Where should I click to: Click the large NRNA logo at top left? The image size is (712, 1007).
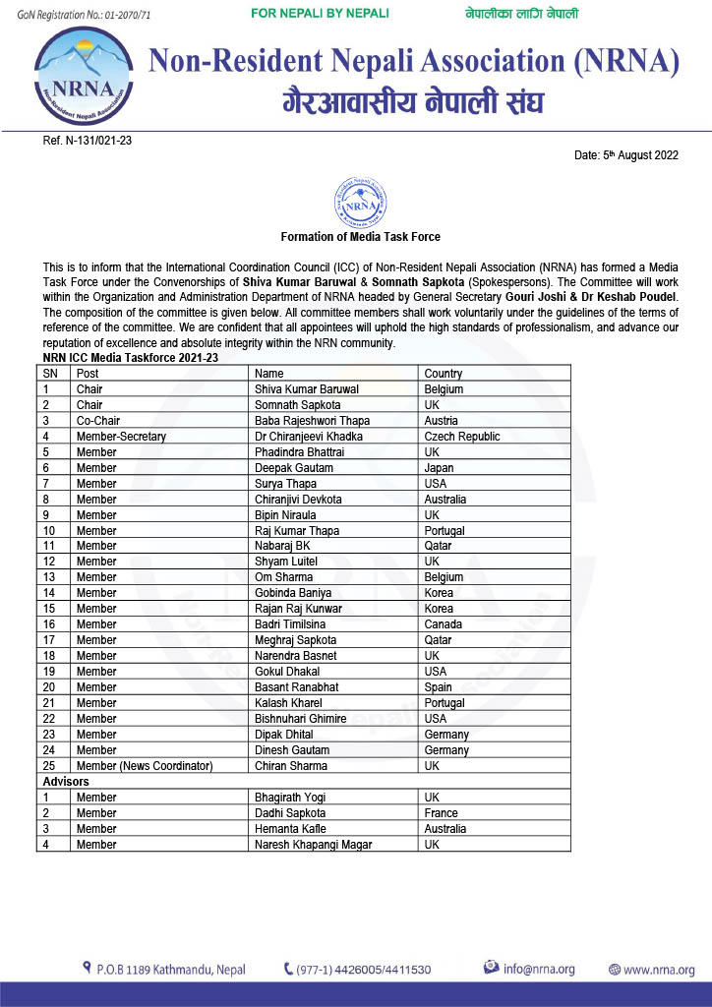point(83,77)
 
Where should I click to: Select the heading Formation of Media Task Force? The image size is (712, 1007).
point(360,237)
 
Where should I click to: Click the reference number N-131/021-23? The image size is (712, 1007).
point(88,141)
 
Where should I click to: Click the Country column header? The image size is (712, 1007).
point(444,374)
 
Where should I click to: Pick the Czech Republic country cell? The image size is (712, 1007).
point(462,437)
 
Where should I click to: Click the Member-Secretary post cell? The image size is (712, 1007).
point(121,437)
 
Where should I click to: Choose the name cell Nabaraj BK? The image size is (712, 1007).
point(282,546)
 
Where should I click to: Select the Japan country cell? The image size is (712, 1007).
point(439,468)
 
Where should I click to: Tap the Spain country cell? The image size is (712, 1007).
point(439,687)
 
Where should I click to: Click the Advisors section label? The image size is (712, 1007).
point(66,781)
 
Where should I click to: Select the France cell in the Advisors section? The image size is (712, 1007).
point(442,813)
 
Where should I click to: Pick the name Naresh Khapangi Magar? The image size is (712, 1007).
point(314,845)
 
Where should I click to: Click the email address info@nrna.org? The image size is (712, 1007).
point(539,969)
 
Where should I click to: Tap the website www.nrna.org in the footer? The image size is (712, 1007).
point(658,969)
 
